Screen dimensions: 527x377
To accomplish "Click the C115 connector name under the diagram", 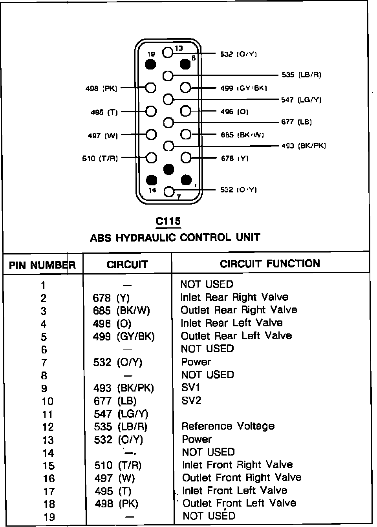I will coord(168,221).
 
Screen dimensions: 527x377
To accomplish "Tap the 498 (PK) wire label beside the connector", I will coord(101,89).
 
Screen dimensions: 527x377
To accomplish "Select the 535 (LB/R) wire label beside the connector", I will coord(301,75).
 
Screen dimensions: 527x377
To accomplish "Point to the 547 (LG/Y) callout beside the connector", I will coord(301,100).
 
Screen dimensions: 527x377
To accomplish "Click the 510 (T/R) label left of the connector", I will coord(100,159).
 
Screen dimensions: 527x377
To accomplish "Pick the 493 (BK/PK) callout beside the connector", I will coord(304,146).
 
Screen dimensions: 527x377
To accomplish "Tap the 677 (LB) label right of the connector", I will coord(296,122).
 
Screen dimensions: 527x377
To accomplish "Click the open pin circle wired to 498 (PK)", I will coord(151,88).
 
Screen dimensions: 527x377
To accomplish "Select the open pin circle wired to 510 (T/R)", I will coord(151,158).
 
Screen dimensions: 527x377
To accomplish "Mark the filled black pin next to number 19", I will coord(150,64).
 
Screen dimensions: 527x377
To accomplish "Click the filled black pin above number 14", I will coord(151,180).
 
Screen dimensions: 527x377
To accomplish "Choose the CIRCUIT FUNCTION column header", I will coord(270,263).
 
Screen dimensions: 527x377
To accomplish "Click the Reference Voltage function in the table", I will coord(228,426).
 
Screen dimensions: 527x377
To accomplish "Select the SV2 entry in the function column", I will coord(191,401).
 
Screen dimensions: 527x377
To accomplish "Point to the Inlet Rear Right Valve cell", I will coord(234,297).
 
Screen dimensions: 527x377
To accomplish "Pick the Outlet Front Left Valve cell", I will coord(239,503).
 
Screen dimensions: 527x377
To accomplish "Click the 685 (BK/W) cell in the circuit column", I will coord(122,311).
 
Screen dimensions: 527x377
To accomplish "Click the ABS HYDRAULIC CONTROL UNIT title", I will coord(175,238).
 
